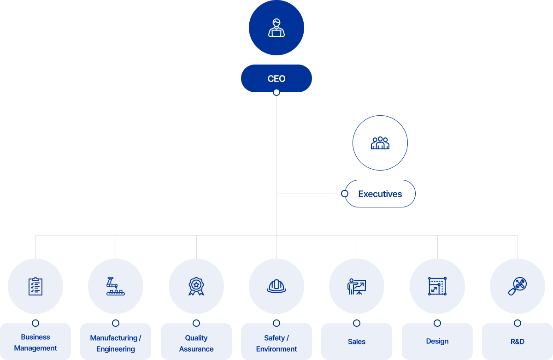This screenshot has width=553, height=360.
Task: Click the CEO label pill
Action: pyautogui.click(x=276, y=78)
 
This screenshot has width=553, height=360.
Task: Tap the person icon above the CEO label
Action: pyautogui.click(x=276, y=28)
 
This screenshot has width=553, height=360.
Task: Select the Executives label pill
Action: pyautogui.click(x=380, y=194)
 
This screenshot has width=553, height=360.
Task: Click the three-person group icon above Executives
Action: pyautogui.click(x=380, y=143)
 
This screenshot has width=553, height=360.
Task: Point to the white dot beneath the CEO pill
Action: pyautogui.click(x=276, y=92)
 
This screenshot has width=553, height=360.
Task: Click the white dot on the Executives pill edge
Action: pyautogui.click(x=345, y=194)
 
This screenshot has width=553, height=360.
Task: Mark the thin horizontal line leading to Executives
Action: pyautogui.click(x=309, y=194)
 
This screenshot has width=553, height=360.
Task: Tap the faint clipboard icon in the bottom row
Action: pyautogui.click(x=35, y=286)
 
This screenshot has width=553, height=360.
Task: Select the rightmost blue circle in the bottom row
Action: pyautogui.click(x=518, y=286)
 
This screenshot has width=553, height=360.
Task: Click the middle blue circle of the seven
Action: pyautogui.click(x=276, y=286)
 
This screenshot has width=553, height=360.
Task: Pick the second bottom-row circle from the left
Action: pyautogui.click(x=116, y=286)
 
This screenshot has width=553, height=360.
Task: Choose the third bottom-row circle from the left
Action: pyautogui.click(x=196, y=286)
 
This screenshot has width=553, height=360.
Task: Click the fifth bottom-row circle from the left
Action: pyautogui.click(x=357, y=286)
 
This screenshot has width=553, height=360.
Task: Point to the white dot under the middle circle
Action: pyautogui.click(x=276, y=323)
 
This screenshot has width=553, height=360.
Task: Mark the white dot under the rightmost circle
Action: pyautogui.click(x=518, y=323)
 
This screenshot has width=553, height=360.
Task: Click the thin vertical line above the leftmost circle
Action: pyautogui.click(x=35, y=247)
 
